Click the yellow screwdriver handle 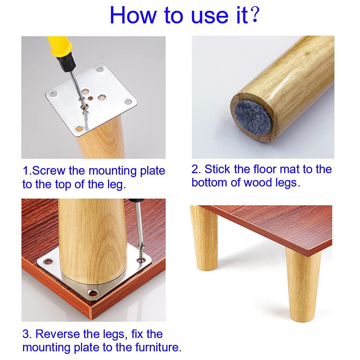click(x=59, y=47)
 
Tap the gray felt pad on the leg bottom click(x=253, y=117)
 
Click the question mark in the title click(x=255, y=14)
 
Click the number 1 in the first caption click(x=26, y=171)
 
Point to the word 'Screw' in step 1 click(x=49, y=171)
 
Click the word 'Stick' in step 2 click(x=217, y=169)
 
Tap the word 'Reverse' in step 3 click(x=57, y=334)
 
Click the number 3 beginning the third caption click(x=26, y=334)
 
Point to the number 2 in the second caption click(x=195, y=169)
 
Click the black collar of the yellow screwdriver click(x=67, y=63)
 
